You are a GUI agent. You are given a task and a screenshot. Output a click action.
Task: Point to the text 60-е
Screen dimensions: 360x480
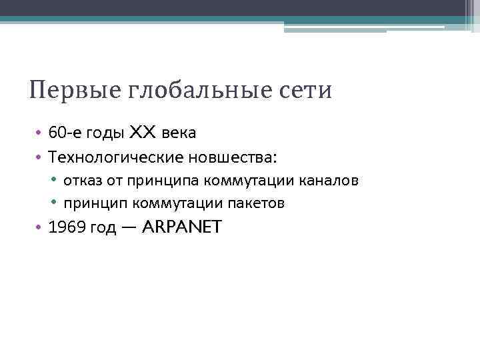63,133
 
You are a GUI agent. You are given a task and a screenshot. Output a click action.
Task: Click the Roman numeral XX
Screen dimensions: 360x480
143,133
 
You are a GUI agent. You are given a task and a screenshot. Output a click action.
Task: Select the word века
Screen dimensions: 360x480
178,133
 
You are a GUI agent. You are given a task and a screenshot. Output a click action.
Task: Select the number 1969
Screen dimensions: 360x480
67,228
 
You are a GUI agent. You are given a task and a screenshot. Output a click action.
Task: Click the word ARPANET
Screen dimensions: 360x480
182,227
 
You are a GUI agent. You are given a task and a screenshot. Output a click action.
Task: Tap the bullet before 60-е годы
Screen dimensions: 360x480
39,133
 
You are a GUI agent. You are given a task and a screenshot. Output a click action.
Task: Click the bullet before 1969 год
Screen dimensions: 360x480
39,228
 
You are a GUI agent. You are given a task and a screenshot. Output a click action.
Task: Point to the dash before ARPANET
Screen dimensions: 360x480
129,228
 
